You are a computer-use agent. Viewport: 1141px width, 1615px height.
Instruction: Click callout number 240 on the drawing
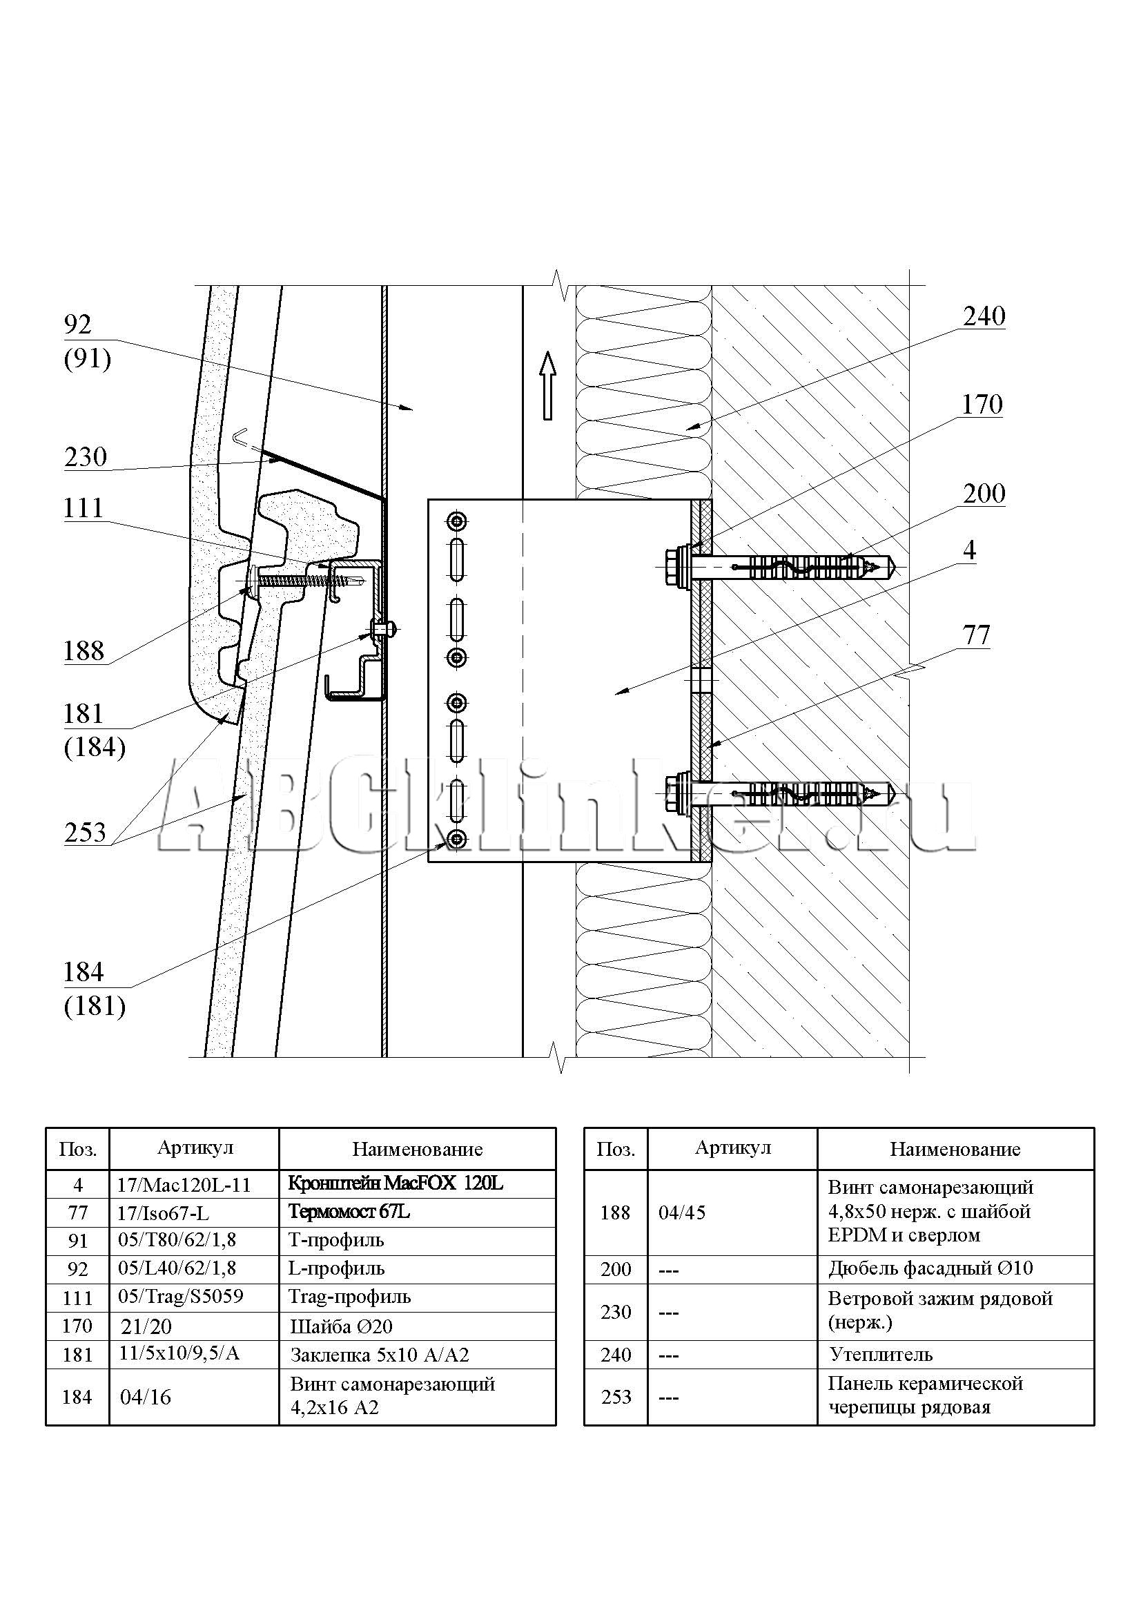pos(984,316)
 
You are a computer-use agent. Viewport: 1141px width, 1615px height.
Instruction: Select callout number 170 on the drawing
pos(982,405)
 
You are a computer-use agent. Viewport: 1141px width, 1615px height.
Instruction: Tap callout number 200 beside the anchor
pos(984,494)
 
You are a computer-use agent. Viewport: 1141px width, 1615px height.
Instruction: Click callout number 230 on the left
pos(85,457)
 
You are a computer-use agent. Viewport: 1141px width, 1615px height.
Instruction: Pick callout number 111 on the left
pos(83,508)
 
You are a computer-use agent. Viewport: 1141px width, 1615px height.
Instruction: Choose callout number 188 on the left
pos(84,651)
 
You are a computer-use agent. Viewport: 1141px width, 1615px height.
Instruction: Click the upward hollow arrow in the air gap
pos(547,385)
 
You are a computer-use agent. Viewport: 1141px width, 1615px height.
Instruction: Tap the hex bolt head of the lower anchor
pos(674,792)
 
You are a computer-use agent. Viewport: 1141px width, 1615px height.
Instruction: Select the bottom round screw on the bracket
pos(458,838)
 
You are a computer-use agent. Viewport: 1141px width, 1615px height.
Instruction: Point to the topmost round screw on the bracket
pos(458,521)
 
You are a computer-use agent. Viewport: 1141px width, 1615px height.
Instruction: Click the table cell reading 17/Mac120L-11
pos(184,1185)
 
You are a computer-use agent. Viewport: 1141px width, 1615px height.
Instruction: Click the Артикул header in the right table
pos(732,1148)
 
